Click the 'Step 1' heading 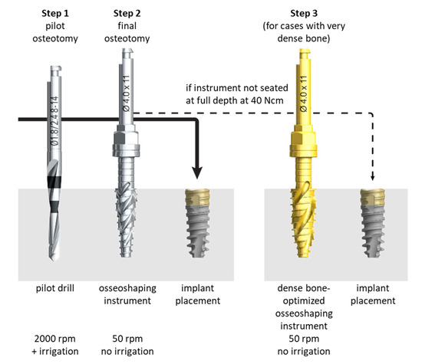point(51,13)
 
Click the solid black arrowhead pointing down point(197,173)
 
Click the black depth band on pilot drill point(56,184)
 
